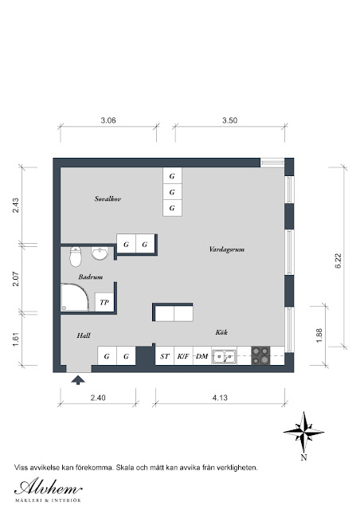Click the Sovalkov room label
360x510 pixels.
coord(108,198)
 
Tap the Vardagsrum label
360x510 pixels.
coord(227,249)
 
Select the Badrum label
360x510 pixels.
coord(91,277)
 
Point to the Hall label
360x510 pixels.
coord(84,335)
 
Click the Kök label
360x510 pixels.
coord(221,332)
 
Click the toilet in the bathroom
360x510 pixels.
coord(75,257)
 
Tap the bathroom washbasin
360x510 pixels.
coord(100,253)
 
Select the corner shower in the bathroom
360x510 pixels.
coord(75,297)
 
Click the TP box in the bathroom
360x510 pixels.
coord(104,302)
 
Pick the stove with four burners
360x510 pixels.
coord(260,355)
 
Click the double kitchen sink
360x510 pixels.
coord(224,356)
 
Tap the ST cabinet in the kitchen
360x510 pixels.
coord(165,356)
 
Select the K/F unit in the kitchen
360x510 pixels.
coord(183,356)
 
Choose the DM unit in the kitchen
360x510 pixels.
coord(202,356)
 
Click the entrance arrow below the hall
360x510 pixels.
coord(78,380)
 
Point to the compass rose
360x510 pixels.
coord(303,432)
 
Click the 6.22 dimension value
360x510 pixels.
coord(338,261)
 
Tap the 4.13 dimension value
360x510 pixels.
coord(220,398)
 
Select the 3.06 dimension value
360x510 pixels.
coord(108,120)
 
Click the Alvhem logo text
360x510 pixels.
coord(48,487)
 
